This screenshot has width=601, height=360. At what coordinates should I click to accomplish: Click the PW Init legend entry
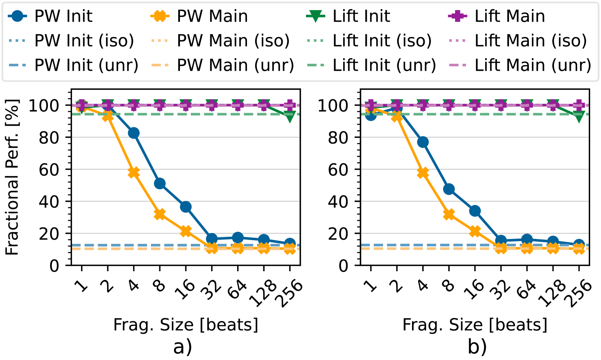point(51,16)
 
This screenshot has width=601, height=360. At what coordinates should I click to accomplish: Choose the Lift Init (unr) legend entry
point(371,66)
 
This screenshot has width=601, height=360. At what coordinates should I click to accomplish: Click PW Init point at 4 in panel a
point(134,133)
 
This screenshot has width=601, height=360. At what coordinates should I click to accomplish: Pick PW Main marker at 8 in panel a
point(160,214)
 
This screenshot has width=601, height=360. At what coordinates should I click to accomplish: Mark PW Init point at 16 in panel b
point(475,211)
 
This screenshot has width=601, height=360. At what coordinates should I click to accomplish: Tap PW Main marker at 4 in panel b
point(423,173)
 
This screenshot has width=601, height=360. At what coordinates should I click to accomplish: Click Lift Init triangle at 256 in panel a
point(290,117)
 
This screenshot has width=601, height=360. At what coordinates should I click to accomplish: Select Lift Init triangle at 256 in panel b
point(579,117)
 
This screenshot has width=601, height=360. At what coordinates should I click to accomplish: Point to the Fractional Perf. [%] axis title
point(12,177)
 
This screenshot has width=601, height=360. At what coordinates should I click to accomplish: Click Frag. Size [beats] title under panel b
point(475,325)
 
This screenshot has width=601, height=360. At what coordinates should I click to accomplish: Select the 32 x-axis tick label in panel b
point(500,290)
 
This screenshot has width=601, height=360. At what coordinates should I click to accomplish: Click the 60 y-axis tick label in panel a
point(49,169)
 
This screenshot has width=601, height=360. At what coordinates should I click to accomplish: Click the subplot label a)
point(182,347)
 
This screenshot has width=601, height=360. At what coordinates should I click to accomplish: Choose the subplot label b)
point(477,347)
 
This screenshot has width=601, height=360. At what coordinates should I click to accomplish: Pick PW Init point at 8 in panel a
point(160,184)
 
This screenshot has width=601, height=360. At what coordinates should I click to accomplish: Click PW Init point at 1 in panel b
point(371,115)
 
